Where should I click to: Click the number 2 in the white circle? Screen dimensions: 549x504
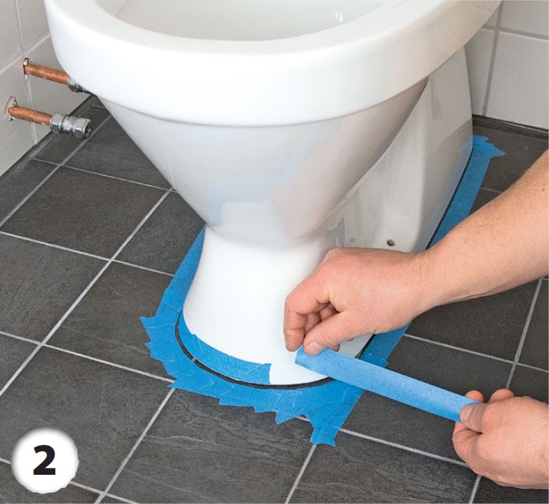45,462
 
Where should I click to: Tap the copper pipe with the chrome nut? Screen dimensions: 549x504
49,118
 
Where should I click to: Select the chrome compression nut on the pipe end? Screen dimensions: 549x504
71,124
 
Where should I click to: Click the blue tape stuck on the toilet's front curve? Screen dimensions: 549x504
227,361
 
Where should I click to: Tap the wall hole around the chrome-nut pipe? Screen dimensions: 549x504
12,109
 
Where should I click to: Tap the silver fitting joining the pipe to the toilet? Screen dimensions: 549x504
78,85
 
